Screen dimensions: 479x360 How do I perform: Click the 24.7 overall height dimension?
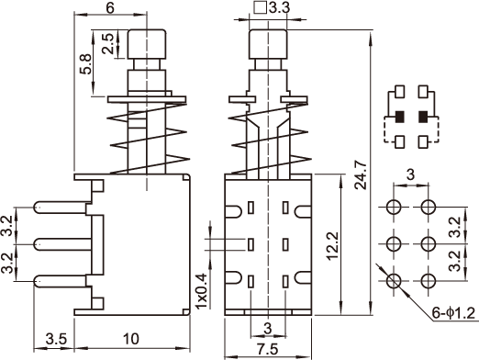[361, 174]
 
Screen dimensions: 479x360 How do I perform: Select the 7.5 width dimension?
[268, 349]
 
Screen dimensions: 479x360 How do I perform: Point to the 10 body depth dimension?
[131, 339]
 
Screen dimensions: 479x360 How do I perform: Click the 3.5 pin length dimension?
[56, 339]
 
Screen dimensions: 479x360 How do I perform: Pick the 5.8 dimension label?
[85, 64]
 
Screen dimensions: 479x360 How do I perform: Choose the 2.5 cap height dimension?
[107, 44]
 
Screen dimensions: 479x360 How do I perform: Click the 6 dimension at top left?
[110, 7]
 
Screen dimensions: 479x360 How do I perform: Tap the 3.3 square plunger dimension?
[272, 7]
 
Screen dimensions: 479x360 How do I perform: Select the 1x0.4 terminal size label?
[201, 291]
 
